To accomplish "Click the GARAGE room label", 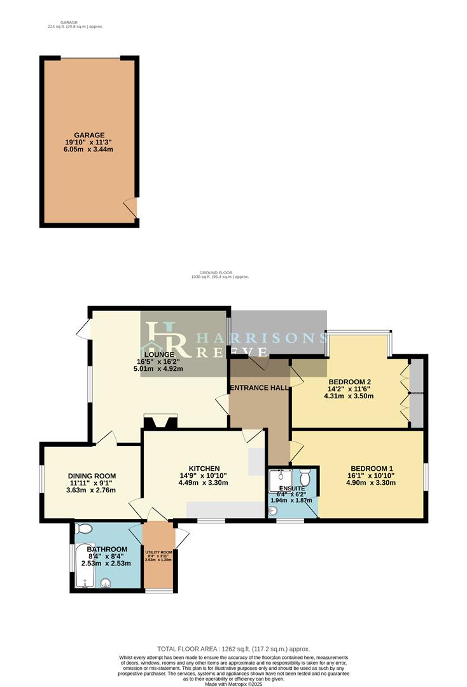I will pyautogui.click(x=89, y=135).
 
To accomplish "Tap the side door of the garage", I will pyautogui.click(x=130, y=207).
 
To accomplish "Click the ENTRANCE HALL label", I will pyautogui.click(x=260, y=387).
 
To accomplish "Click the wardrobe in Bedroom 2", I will pyautogui.click(x=416, y=392).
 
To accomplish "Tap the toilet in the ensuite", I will pyautogui.click(x=305, y=476).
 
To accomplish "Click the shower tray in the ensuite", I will pyautogui.click(x=279, y=479).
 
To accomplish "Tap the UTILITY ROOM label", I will pyautogui.click(x=158, y=552).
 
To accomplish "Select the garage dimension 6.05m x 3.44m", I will pyautogui.click(x=89, y=149).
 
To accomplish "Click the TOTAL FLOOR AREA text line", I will pyautogui.click(x=233, y=648).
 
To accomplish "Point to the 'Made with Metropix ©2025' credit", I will pyautogui.click(x=233, y=683).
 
